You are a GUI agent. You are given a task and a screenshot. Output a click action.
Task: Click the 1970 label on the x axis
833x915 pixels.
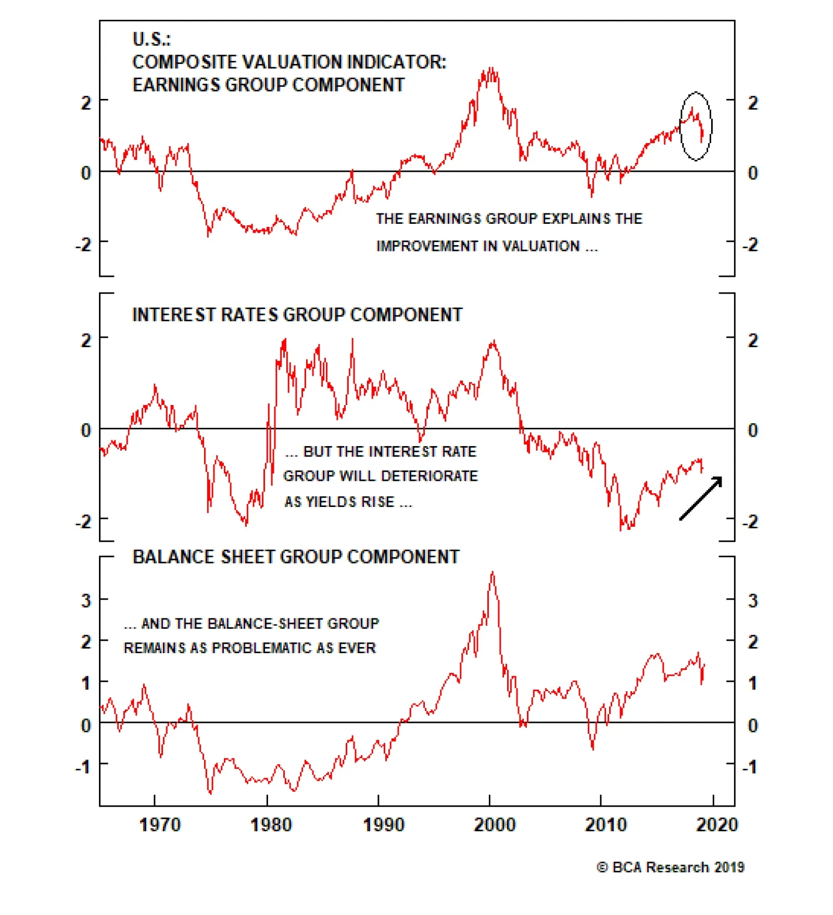point(160,824)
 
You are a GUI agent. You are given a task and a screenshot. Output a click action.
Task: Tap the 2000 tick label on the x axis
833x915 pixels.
point(494,824)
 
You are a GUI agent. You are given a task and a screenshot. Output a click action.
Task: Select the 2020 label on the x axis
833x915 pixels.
point(717,824)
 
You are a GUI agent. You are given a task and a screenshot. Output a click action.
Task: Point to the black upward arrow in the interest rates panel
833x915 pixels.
point(701,498)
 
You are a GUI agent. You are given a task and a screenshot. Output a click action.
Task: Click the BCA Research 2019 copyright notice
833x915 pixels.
point(671,867)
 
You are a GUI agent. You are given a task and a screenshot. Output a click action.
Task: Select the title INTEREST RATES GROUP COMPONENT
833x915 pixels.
point(297,315)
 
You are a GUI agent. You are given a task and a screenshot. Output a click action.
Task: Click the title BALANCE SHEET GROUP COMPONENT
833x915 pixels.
point(296,557)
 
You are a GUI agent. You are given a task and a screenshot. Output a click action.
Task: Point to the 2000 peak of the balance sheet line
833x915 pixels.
point(493,573)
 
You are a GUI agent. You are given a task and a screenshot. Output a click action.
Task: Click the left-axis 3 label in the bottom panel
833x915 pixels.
point(86,601)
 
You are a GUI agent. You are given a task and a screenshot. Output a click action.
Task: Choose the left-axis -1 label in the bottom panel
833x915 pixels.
point(83,766)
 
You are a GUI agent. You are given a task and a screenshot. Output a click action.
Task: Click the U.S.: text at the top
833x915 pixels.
point(152,39)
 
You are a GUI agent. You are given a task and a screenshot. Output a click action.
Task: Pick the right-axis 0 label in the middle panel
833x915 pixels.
point(752,430)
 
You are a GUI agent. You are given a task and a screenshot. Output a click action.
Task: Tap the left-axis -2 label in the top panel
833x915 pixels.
point(83,244)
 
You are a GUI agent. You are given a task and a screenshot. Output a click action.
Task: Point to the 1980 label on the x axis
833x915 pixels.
point(271,824)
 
